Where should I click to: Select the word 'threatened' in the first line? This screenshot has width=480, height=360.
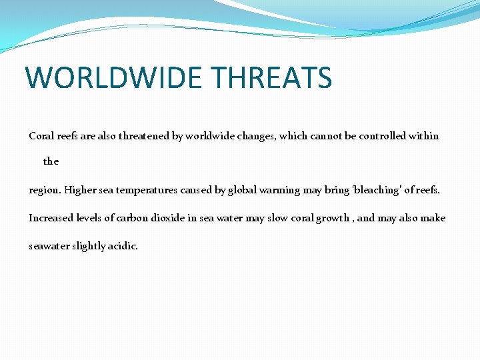[145, 136]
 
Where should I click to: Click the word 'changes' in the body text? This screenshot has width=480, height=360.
[254, 136]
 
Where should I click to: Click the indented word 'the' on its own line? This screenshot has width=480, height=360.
[51, 161]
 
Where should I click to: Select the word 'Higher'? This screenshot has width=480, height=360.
[80, 190]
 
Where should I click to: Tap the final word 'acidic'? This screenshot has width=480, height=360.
[125, 246]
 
